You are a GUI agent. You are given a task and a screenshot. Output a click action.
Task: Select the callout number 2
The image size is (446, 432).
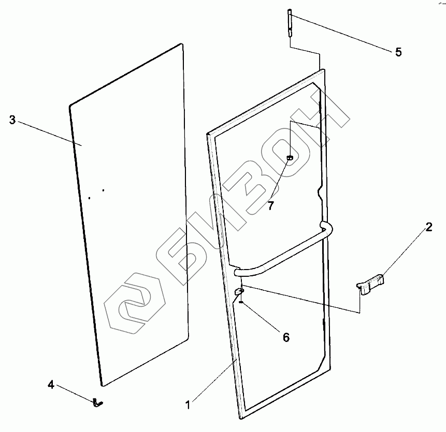point(429,227)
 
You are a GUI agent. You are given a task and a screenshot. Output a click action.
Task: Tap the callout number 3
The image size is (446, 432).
point(12,120)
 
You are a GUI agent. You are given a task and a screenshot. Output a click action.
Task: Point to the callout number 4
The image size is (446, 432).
point(51,384)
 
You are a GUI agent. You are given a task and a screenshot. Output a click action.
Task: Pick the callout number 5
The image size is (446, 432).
point(398,52)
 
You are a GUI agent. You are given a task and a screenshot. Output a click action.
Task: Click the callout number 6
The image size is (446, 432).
point(285,337)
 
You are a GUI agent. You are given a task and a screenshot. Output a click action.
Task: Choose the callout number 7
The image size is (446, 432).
point(270,205)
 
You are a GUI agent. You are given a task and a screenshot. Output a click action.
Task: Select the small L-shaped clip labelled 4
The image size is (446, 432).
point(98,401)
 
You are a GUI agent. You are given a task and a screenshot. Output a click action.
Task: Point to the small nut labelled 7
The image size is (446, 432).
point(291,157)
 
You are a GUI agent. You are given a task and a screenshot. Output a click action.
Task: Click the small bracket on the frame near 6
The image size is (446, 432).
point(239,292)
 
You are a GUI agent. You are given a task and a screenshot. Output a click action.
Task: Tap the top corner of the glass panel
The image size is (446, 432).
point(182,44)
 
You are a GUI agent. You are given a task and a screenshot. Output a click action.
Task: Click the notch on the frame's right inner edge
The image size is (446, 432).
point(321,193)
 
